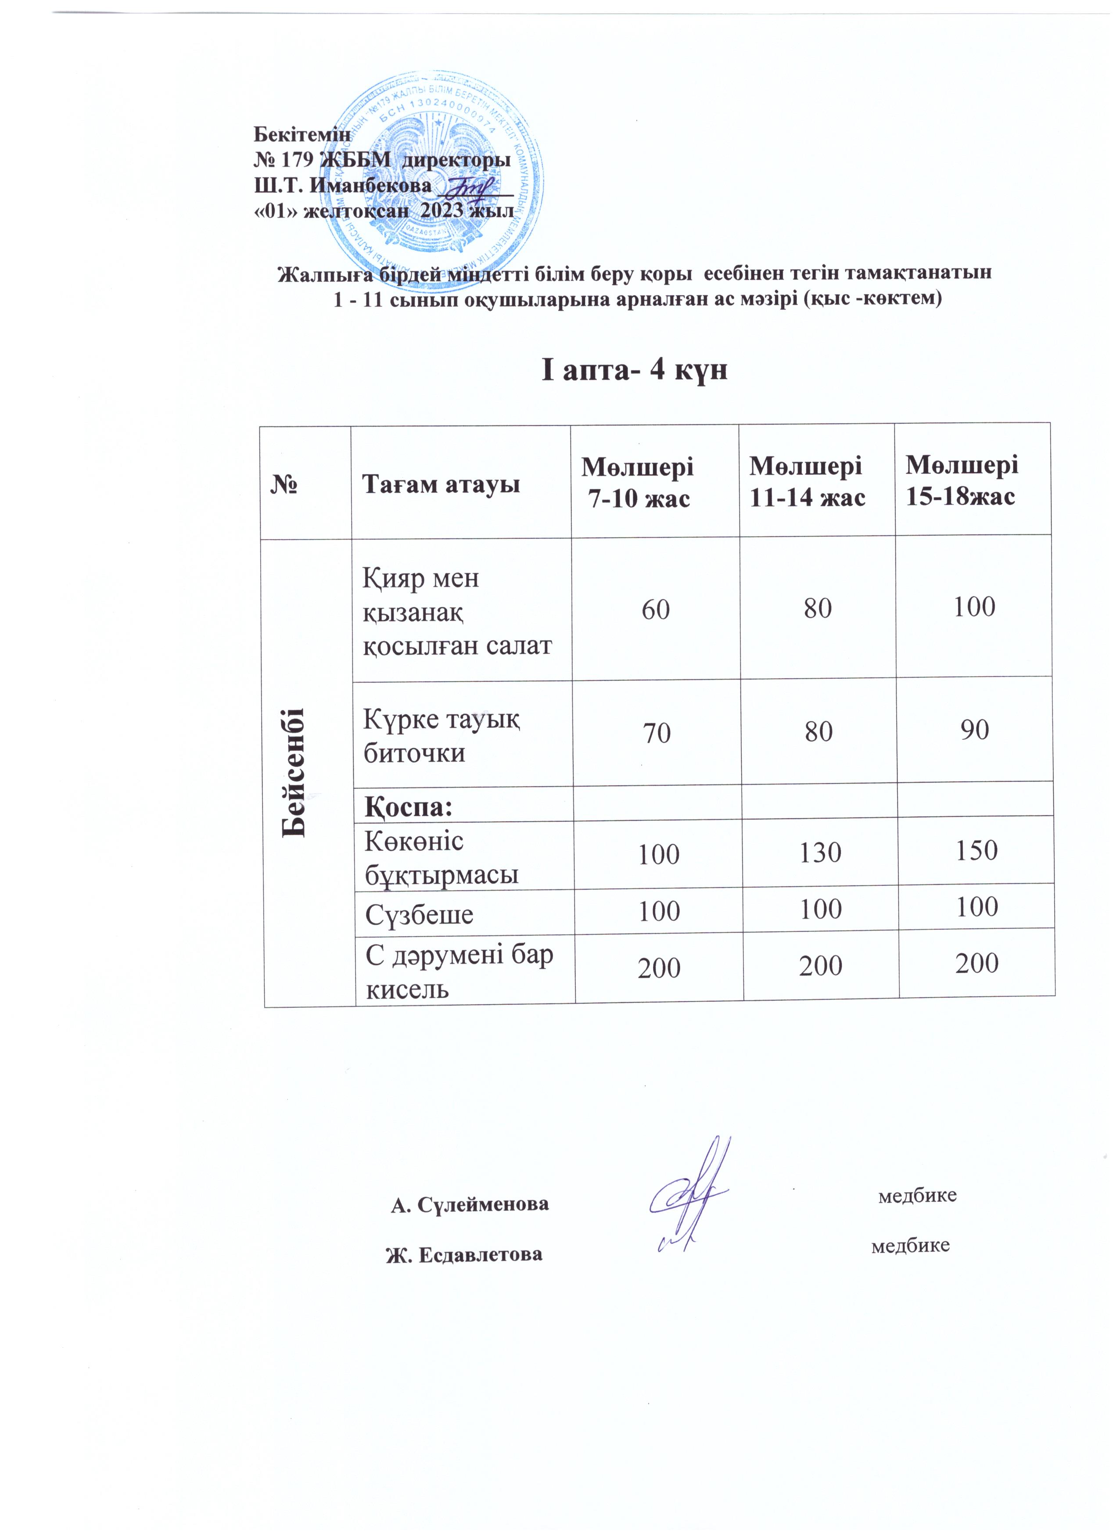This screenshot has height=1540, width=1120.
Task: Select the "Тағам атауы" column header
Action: (441, 484)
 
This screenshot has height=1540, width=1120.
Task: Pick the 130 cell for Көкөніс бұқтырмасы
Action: (821, 852)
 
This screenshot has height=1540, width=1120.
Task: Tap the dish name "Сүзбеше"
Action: (419, 915)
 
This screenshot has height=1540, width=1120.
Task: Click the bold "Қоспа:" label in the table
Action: (409, 807)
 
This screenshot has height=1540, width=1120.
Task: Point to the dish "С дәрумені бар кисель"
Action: (459, 972)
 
